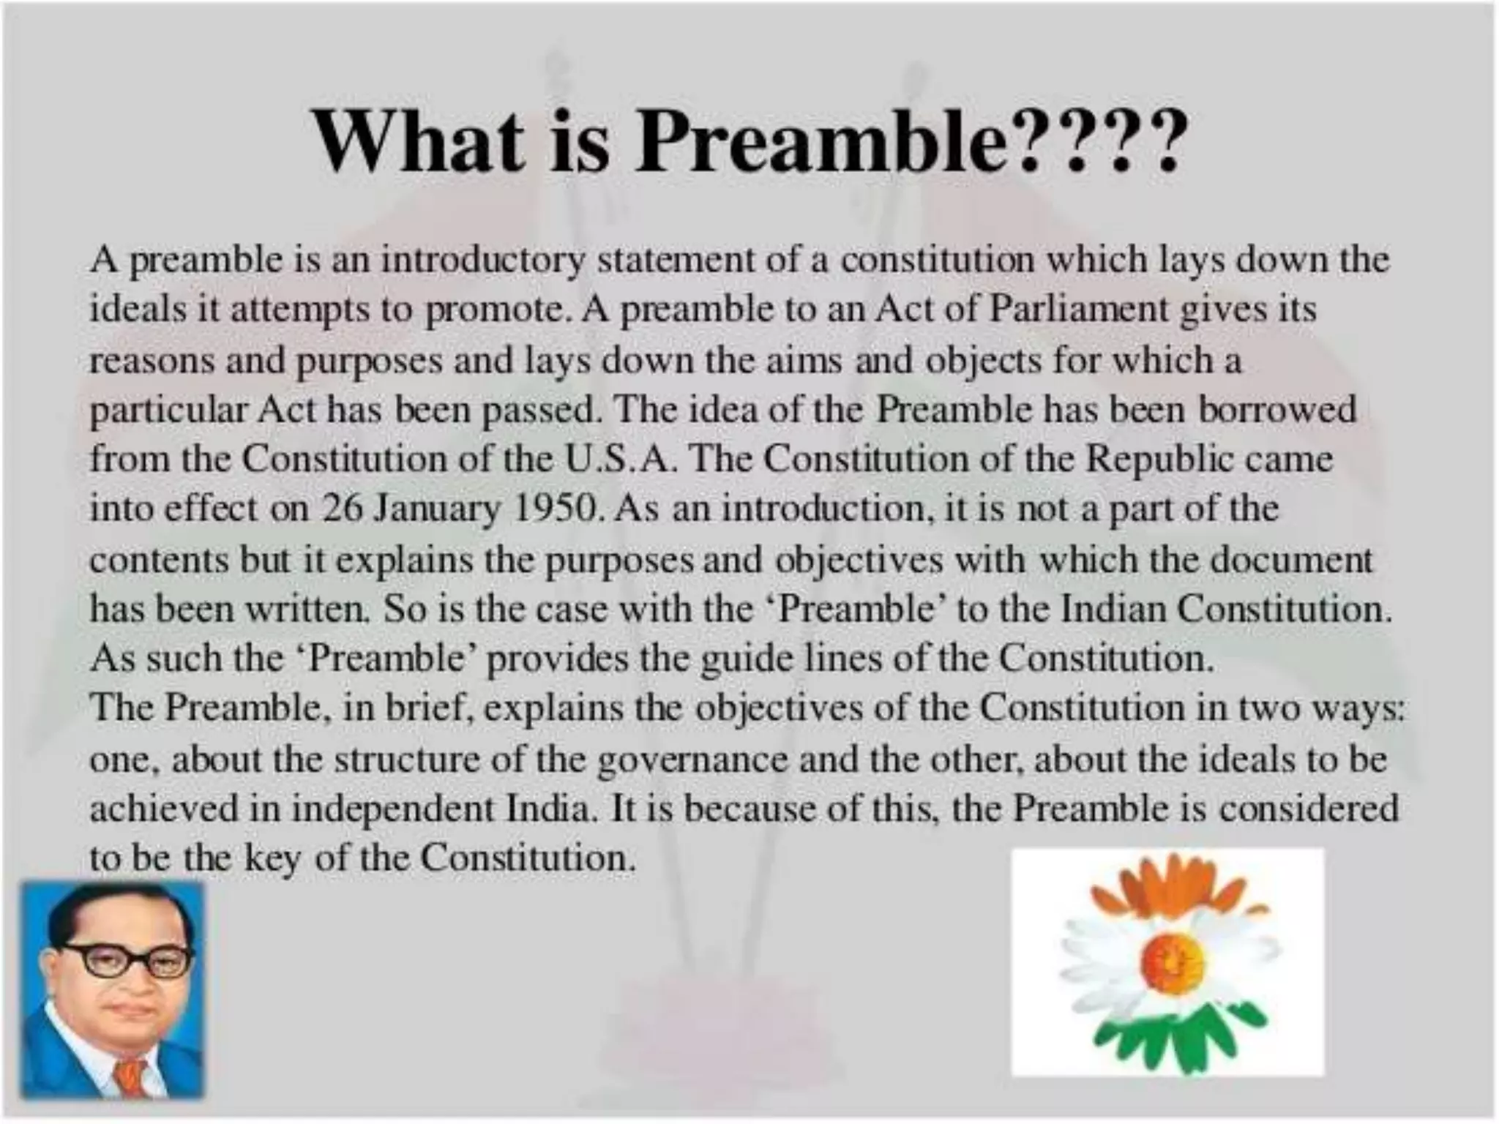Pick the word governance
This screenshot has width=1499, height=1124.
click(693, 760)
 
